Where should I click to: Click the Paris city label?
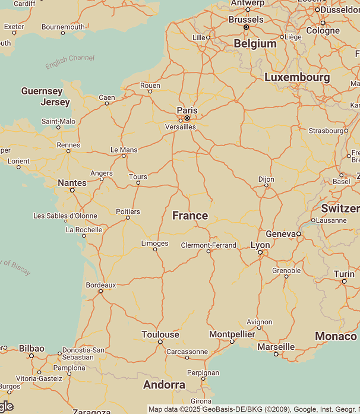187,110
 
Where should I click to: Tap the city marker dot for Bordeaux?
100,291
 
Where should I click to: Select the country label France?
190,216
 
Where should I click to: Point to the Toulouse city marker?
160,342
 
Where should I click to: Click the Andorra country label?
164,385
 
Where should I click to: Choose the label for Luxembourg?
297,77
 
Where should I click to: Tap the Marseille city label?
276,346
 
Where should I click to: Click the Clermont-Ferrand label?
209,245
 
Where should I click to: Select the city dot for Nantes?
72,191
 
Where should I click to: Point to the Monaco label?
336,336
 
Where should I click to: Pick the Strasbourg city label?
327,131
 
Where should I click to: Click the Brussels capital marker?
246,27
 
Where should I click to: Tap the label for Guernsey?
42,91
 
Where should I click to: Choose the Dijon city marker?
266,185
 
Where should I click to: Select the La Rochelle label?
84,229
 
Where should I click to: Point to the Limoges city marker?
155,249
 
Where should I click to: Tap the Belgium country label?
255,43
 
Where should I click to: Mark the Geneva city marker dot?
299,234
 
